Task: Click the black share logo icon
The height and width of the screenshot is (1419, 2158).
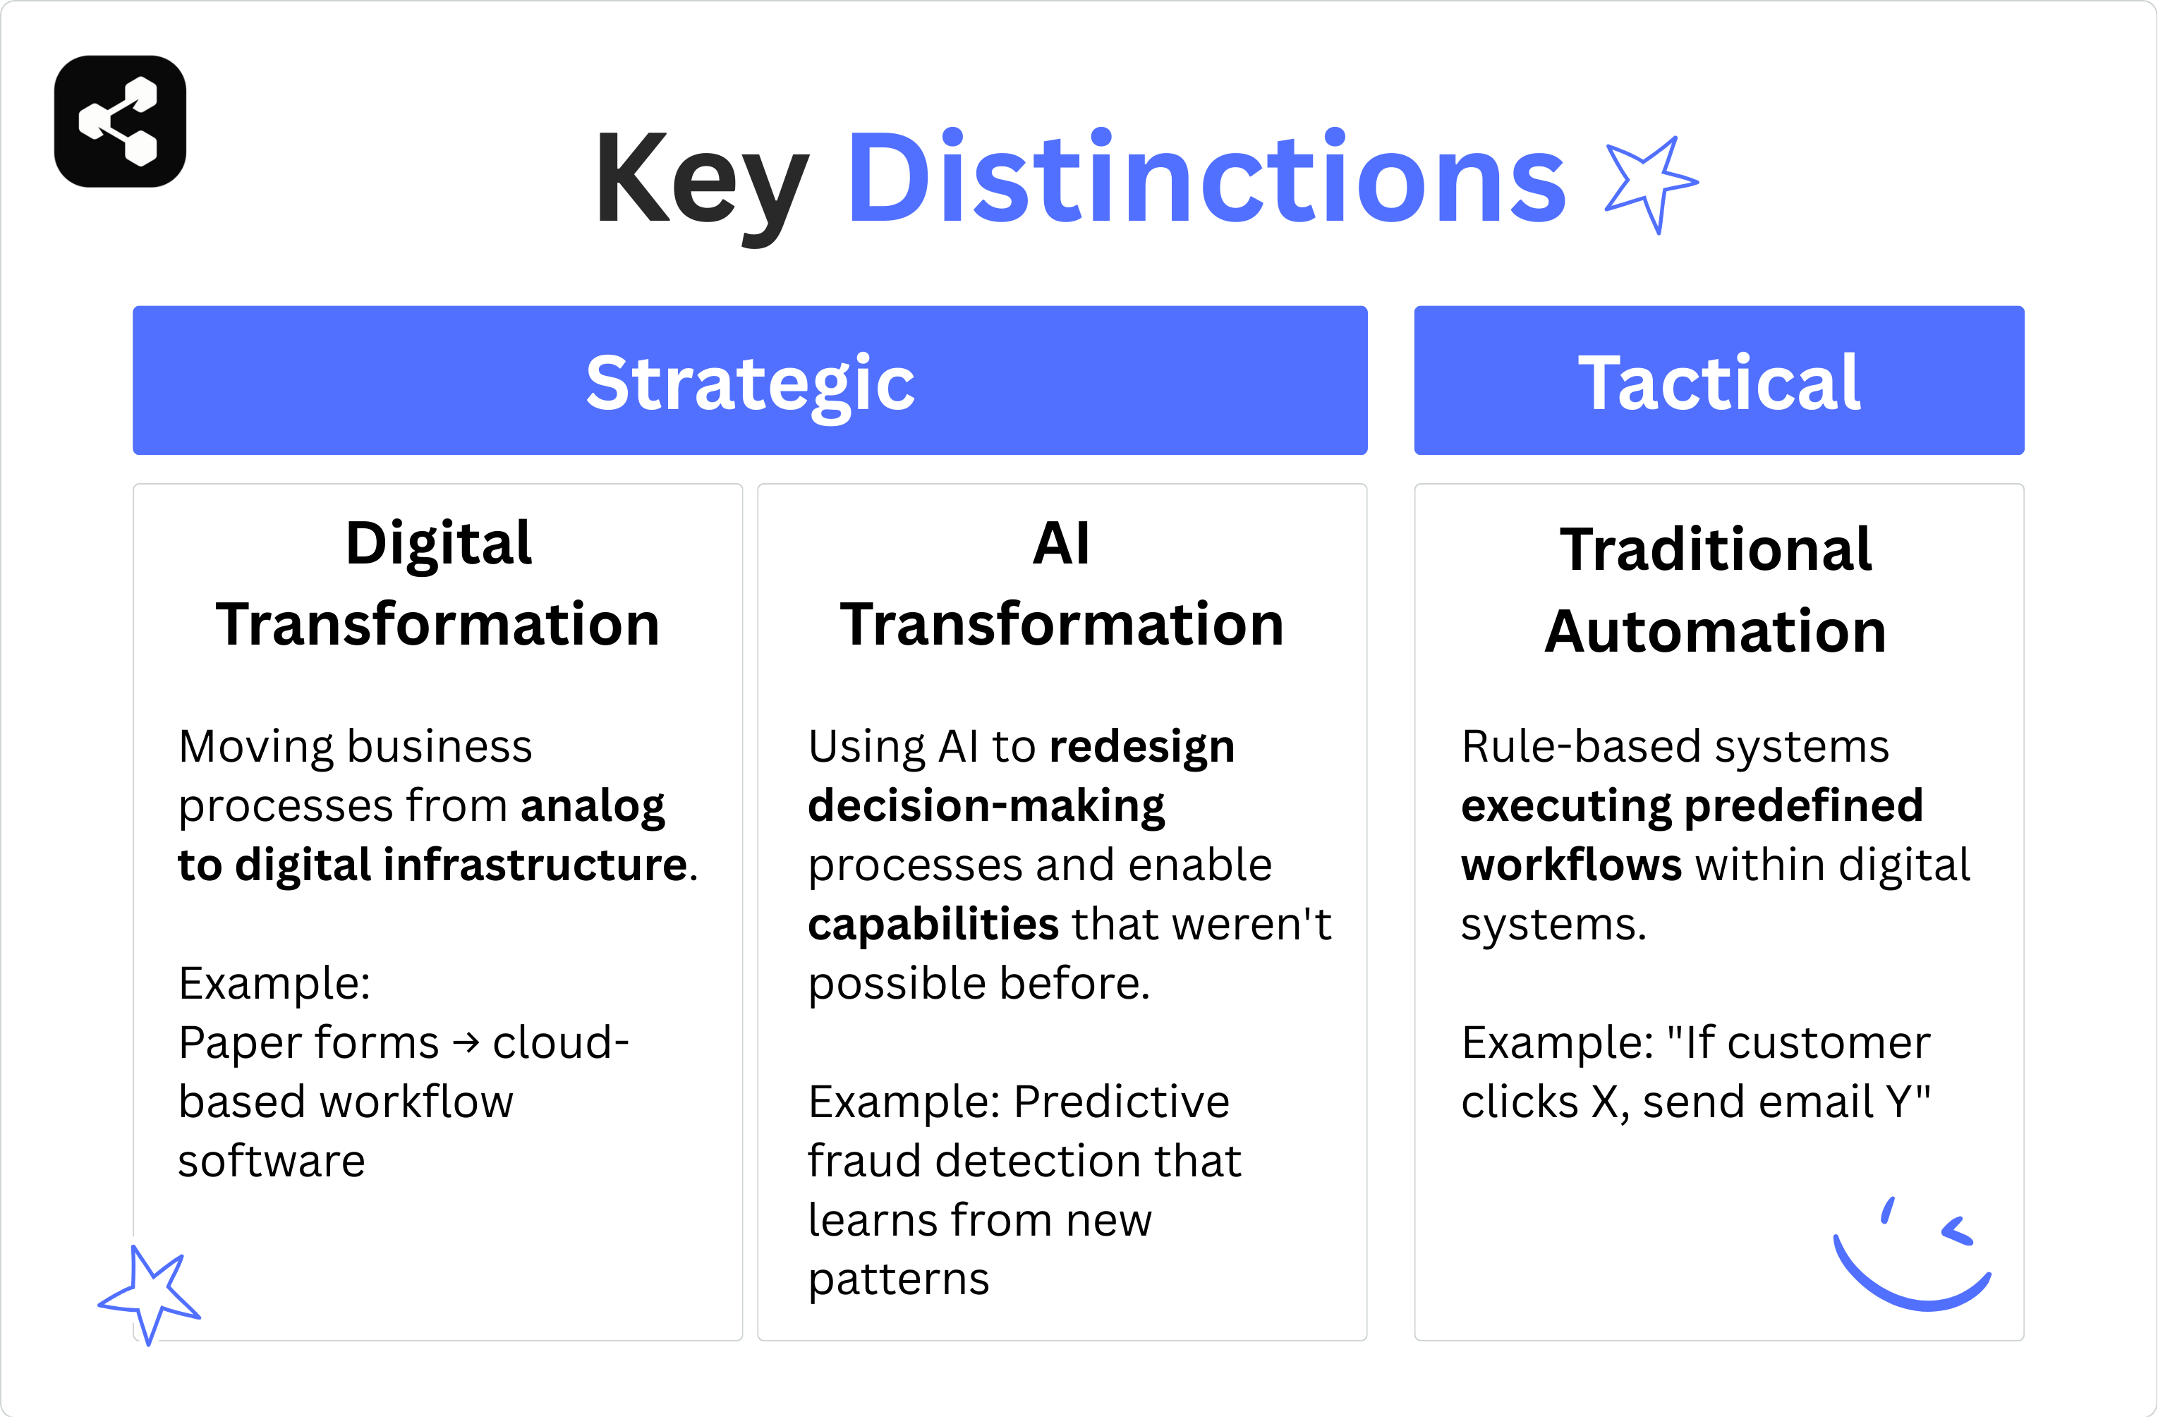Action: (120, 121)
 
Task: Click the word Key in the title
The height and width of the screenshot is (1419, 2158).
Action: (700, 180)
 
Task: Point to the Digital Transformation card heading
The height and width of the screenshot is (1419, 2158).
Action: (438, 584)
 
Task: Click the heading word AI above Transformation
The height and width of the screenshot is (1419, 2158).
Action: (1061, 544)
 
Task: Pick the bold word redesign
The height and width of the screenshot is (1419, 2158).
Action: (1141, 747)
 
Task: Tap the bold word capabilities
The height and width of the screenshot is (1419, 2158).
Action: (932, 925)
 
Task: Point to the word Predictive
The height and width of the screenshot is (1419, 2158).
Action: (1121, 1102)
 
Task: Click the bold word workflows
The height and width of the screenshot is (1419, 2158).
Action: (1570, 865)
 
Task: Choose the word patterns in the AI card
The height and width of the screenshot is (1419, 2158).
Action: (897, 1279)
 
